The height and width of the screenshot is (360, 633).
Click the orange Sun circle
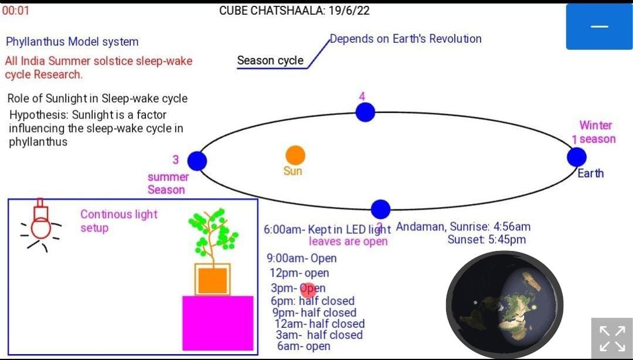pos(295,155)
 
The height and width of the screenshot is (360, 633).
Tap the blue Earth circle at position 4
pos(365,112)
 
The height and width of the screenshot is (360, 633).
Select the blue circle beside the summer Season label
pos(197,161)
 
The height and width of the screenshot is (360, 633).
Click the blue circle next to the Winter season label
pos(577,157)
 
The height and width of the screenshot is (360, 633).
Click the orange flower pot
pos(212,280)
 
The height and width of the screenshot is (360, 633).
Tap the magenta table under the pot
pos(218,323)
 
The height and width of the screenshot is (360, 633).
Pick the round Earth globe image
pos(505,305)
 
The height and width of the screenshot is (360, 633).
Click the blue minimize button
pos(599,26)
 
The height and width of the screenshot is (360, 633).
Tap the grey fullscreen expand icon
pos(612,338)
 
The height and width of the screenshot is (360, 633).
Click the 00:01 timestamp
pos(16,11)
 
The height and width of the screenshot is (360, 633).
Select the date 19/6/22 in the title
pos(349,11)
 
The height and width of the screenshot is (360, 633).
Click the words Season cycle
pos(270,60)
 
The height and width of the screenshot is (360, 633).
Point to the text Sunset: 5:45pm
pos(486,240)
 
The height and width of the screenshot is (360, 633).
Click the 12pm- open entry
pos(300,273)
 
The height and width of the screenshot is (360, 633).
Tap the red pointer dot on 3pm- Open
pos(308,290)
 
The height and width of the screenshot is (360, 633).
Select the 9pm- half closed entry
pos(314,313)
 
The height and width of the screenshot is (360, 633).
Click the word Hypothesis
pos(39,115)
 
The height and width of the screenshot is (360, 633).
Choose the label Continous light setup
pos(118,221)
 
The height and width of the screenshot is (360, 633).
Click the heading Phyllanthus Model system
pos(72,42)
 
